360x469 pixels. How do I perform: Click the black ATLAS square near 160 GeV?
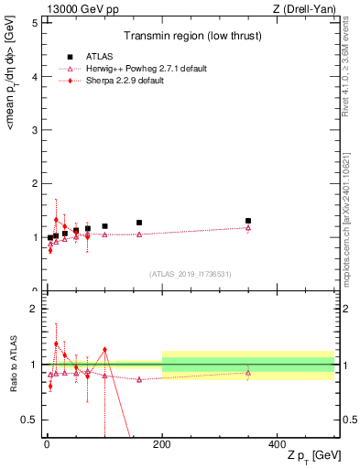(139, 223)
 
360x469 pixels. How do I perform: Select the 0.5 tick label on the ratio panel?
(28, 420)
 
